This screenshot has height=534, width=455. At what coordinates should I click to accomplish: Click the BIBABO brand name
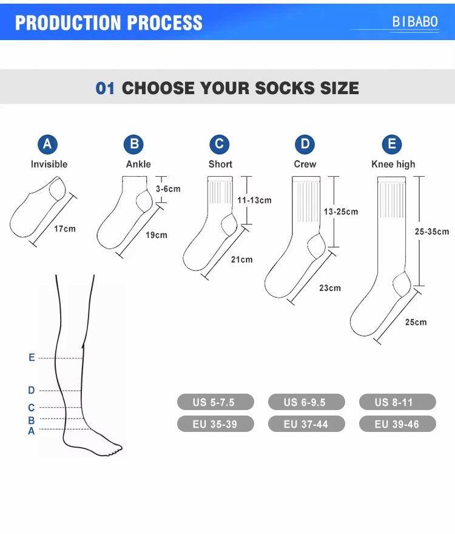[415, 22]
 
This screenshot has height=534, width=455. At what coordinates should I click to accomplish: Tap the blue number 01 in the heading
[105, 88]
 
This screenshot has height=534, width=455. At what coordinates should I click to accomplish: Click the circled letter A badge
[47, 144]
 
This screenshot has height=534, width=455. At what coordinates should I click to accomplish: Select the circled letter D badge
[305, 144]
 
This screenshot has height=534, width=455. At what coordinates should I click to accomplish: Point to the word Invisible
[49, 164]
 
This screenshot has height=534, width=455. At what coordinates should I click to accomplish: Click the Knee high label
[393, 164]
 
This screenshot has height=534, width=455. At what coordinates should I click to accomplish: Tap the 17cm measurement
[65, 229]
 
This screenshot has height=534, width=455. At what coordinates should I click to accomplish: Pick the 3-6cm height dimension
[168, 189]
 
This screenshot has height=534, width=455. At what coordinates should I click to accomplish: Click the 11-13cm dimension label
[254, 200]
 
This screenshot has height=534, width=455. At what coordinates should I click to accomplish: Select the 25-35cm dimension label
[431, 231]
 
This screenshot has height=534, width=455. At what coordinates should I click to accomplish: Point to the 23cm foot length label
[330, 288]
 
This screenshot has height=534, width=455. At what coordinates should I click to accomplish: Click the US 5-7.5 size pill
[215, 402]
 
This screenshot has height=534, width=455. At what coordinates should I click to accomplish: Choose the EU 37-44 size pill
[306, 424]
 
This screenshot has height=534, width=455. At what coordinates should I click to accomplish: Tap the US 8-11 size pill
[397, 402]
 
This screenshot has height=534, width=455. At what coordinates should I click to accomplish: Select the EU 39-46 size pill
[397, 424]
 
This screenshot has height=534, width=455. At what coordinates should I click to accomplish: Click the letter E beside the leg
[32, 358]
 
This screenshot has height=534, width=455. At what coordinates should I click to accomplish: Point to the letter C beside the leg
[32, 408]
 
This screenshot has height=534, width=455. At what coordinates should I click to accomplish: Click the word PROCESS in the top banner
[165, 23]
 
